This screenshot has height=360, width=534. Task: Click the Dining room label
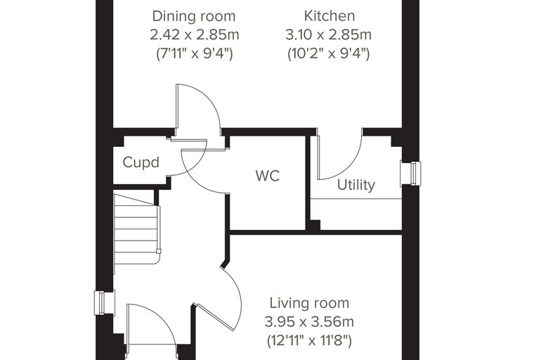pyautogui.click(x=194, y=16)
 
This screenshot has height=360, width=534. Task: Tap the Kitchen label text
pyautogui.click(x=330, y=15)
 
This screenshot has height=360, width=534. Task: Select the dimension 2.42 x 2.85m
pyautogui.click(x=195, y=34)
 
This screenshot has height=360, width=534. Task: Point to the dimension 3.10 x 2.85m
pyautogui.click(x=328, y=34)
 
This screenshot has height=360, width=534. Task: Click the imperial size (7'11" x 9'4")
pyautogui.click(x=195, y=53)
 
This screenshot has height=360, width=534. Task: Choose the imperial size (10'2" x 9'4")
pyautogui.click(x=329, y=53)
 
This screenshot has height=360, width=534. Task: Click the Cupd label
pyautogui.click(x=141, y=162)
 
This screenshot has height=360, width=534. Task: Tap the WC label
pyautogui.click(x=268, y=176)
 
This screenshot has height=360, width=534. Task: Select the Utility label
pyautogui.click(x=356, y=185)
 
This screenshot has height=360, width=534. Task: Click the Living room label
pyautogui.click(x=309, y=303)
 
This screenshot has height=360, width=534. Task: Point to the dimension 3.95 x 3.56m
pyautogui.click(x=309, y=322)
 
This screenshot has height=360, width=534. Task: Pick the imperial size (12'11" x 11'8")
pyautogui.click(x=309, y=340)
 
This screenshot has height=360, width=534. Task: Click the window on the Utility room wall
pyautogui.click(x=412, y=174)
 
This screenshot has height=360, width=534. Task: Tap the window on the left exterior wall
pyautogui.click(x=104, y=303)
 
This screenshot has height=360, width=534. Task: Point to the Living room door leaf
pyautogui.click(x=216, y=317)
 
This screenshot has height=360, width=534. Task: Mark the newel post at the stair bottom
pyautogui.click(x=158, y=252)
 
